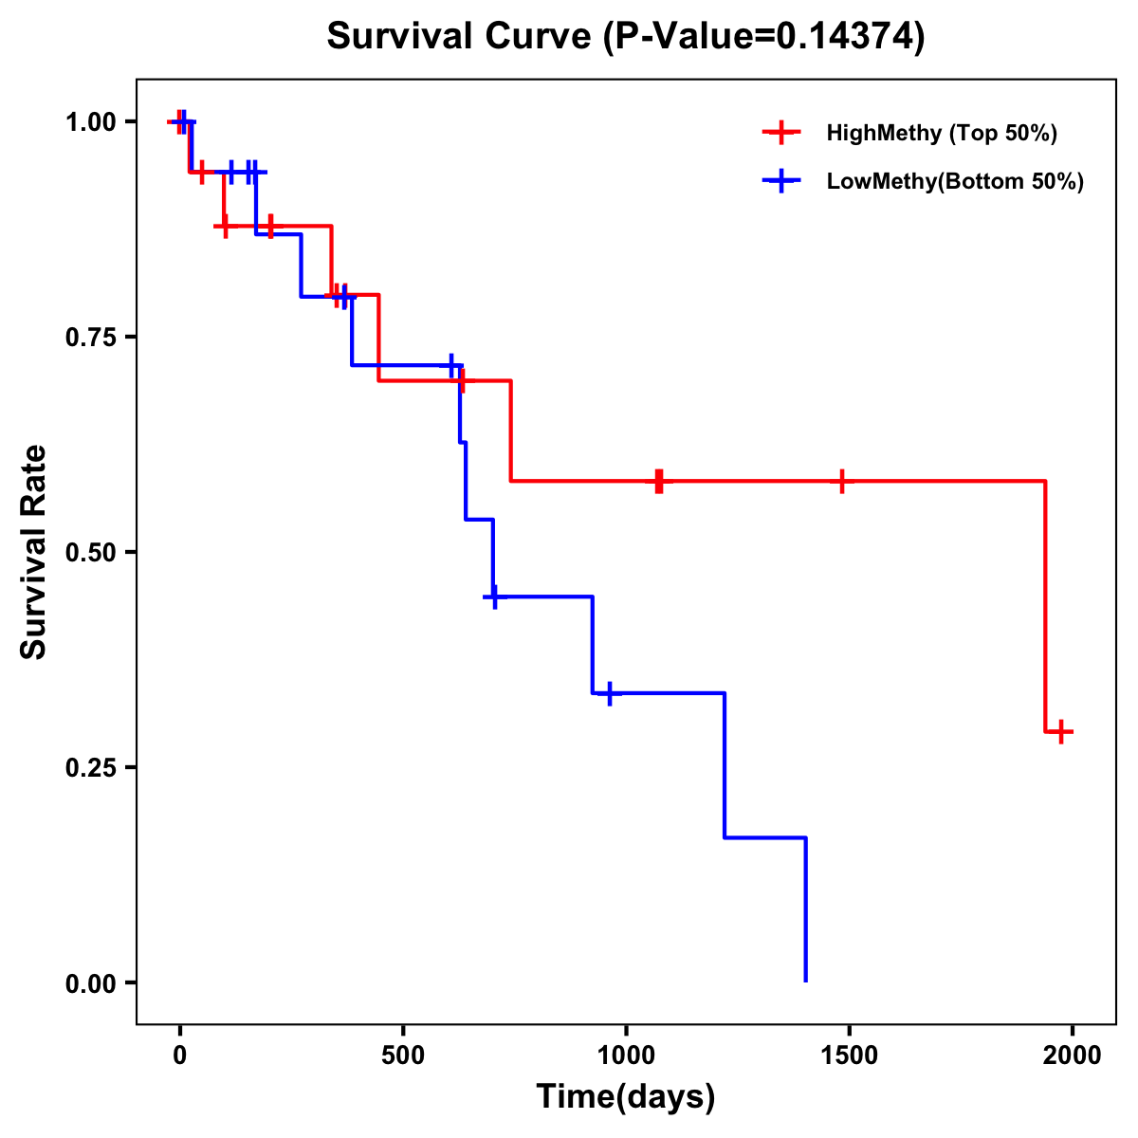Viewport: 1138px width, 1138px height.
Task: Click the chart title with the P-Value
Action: [x=626, y=36]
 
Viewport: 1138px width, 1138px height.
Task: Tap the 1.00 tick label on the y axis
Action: [x=90, y=122]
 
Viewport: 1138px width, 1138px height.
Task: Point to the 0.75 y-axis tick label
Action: [x=90, y=338]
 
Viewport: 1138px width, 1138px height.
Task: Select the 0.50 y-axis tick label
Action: [x=90, y=553]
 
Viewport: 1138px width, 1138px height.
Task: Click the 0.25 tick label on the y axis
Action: [x=90, y=768]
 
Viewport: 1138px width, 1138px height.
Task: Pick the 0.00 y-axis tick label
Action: [x=90, y=983]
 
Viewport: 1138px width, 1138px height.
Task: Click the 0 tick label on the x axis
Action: [x=179, y=1055]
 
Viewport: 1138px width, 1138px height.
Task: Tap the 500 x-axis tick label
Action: [x=403, y=1055]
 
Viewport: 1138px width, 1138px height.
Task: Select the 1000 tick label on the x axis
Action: [x=626, y=1055]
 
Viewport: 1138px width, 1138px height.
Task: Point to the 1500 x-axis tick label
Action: [x=849, y=1055]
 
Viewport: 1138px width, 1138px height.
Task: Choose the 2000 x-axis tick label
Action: [x=1072, y=1055]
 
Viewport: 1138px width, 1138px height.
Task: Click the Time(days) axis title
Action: [x=626, y=1097]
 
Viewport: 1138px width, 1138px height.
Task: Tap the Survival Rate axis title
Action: [x=34, y=552]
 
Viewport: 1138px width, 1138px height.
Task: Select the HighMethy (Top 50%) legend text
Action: [x=942, y=133]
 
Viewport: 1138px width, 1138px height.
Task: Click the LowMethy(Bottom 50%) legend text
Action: [x=955, y=181]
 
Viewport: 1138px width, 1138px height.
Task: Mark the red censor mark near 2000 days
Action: [x=1061, y=731]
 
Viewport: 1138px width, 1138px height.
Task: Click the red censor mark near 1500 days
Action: [x=840, y=482]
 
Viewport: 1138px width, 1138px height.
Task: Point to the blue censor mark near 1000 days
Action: [x=609, y=693]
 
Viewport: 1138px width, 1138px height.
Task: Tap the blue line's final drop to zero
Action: [x=806, y=910]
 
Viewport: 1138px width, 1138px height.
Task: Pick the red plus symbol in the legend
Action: [x=780, y=133]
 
